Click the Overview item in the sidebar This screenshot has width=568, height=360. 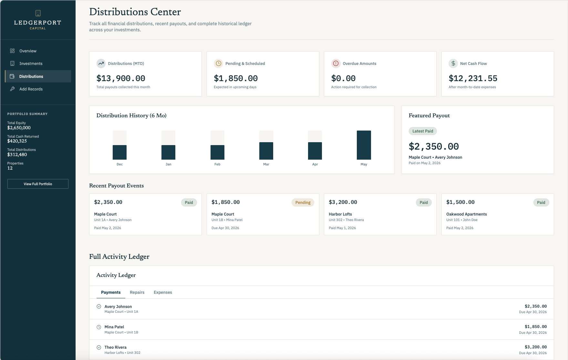click(28, 51)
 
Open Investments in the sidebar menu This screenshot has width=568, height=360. click(31, 64)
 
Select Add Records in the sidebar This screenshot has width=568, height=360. click(31, 89)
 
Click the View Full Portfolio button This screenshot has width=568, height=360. click(38, 184)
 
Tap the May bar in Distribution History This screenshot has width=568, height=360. click(364, 145)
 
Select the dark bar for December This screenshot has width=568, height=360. click(119, 152)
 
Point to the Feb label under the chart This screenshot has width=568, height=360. click(217, 164)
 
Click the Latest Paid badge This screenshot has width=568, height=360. click(423, 131)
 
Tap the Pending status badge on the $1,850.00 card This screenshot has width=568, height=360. click(303, 203)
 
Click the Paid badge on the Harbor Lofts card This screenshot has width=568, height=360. click(424, 203)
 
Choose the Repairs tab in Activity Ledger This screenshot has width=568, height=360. click(137, 292)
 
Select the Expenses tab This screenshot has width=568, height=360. click(163, 292)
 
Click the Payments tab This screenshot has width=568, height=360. click(111, 292)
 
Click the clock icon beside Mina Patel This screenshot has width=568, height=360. click(99, 327)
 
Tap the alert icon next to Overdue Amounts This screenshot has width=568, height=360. click(336, 63)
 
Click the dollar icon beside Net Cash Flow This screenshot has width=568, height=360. click(453, 63)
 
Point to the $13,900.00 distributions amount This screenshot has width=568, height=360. click(121, 79)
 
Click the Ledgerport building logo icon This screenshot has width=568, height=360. click(38, 13)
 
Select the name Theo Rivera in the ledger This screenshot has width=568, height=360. click(116, 347)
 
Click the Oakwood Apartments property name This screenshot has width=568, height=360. click(467, 214)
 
